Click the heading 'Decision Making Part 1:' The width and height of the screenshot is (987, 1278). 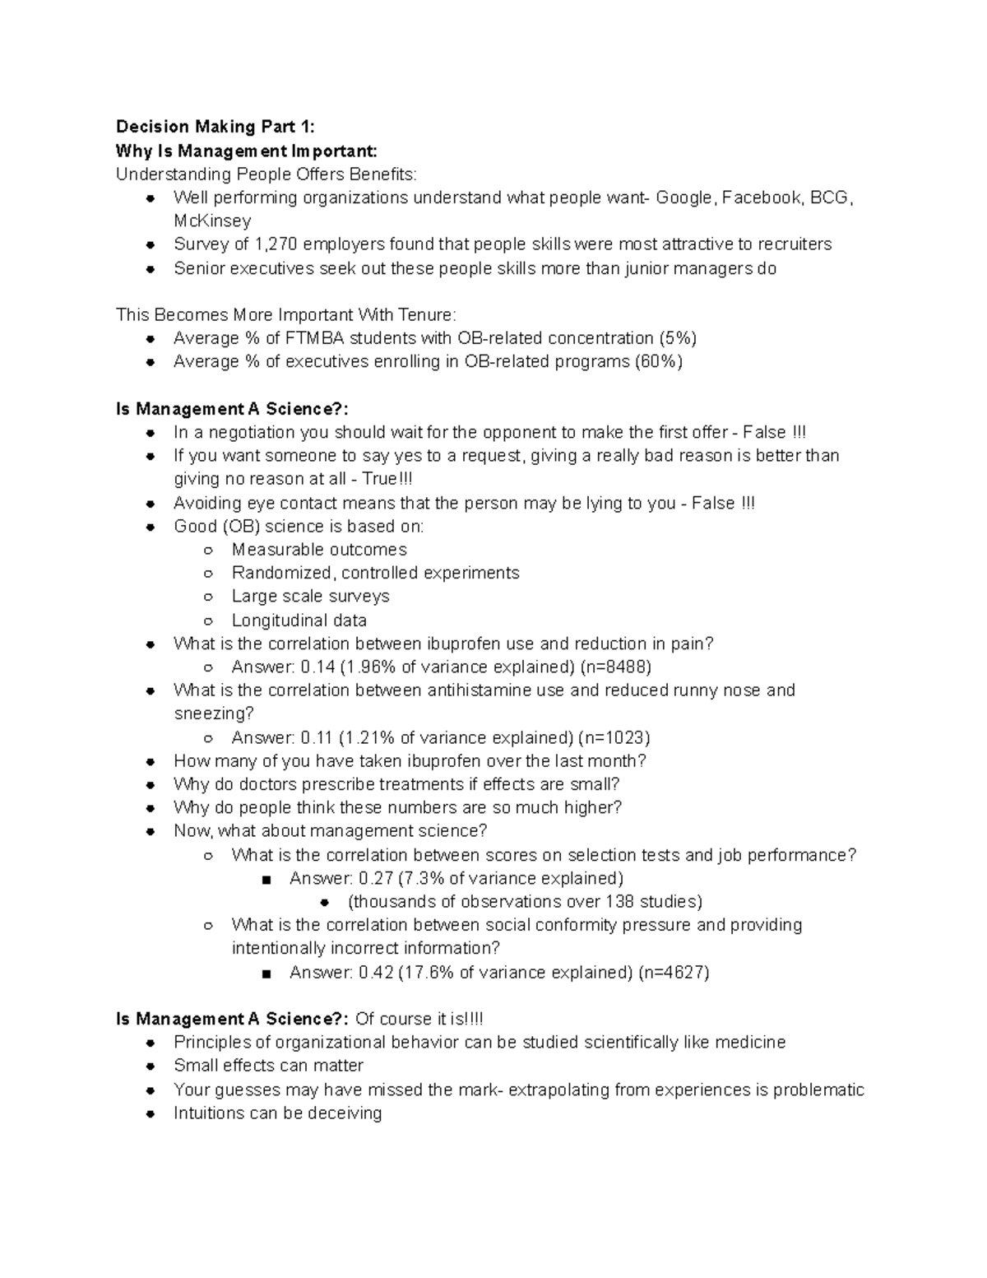(x=215, y=127)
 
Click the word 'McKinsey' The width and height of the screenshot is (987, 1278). (x=212, y=221)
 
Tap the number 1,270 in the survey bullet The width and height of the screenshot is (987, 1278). (x=276, y=244)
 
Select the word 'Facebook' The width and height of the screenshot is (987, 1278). (x=762, y=198)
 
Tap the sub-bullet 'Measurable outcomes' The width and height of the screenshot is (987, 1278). (x=319, y=550)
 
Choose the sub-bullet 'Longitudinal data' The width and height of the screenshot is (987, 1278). (x=299, y=620)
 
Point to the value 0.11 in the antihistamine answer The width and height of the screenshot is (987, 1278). (x=317, y=737)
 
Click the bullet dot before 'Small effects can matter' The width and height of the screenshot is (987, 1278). (x=151, y=1067)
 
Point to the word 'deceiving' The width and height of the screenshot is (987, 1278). (x=344, y=1113)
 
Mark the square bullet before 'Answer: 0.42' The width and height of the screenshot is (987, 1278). (x=266, y=974)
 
